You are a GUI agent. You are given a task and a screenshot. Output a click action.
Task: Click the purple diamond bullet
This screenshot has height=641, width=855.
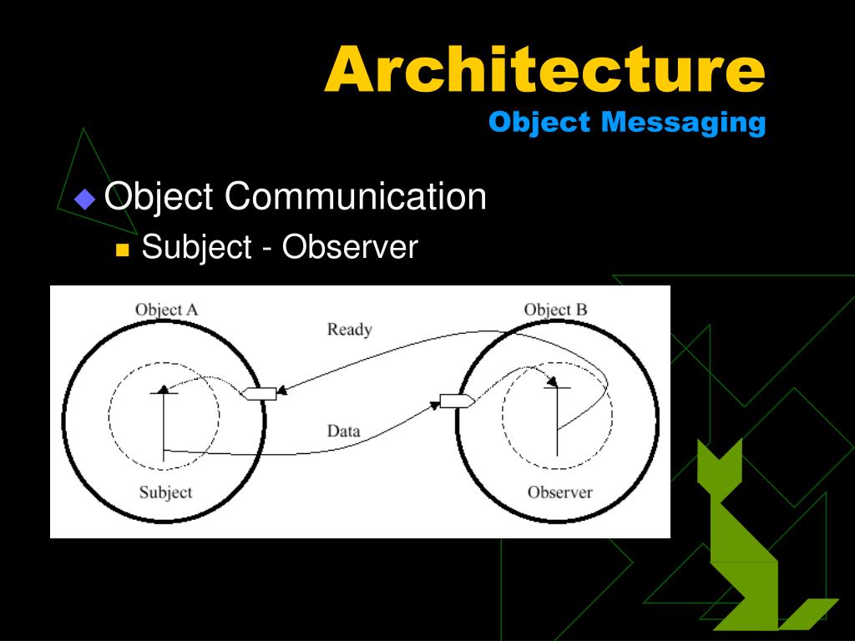[x=85, y=199]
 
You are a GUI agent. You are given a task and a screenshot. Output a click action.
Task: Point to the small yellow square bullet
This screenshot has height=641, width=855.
[x=123, y=250]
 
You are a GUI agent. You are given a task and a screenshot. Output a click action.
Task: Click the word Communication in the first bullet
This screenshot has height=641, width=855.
[x=355, y=197]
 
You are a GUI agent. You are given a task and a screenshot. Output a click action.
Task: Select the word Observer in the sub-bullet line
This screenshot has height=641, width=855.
[x=348, y=247]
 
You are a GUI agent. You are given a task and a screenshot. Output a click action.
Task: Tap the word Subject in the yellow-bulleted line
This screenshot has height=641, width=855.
[x=196, y=247]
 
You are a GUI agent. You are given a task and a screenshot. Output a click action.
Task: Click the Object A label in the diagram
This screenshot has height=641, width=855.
[x=167, y=310]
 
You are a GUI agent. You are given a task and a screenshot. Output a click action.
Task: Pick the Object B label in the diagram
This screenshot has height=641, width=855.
[x=555, y=310]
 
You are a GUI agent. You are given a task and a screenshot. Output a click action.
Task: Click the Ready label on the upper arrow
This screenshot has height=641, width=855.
[x=349, y=329]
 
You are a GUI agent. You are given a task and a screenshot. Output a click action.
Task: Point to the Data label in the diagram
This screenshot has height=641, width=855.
[x=343, y=431]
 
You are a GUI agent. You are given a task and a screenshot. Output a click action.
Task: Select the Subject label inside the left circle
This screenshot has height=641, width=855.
[x=165, y=492]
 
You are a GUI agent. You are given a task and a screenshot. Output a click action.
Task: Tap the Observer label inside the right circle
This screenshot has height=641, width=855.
[x=559, y=492]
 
